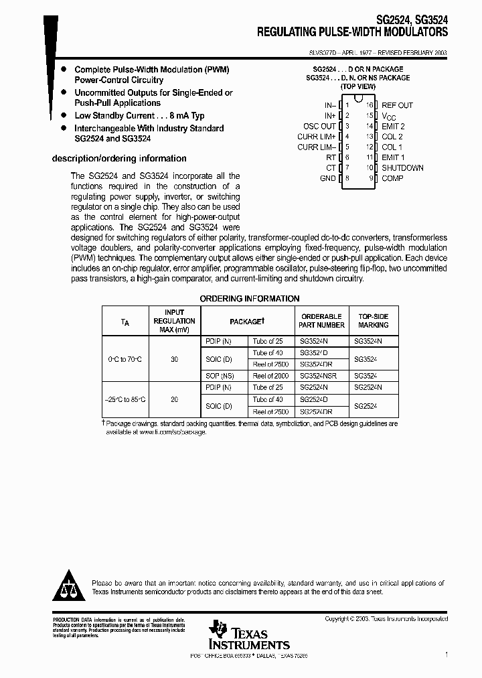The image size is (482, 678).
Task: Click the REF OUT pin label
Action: tap(397, 105)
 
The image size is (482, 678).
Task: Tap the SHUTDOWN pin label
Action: tap(402, 168)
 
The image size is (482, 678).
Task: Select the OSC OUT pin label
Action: tap(319, 126)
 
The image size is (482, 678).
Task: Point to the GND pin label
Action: tap(327, 179)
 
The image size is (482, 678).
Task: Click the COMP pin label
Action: tap(392, 179)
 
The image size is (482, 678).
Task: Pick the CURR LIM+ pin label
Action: tap(316, 137)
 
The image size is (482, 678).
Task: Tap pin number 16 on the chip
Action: tap(368, 105)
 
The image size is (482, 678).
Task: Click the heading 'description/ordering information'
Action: tap(119, 159)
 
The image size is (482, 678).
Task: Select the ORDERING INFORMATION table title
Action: tap(250, 299)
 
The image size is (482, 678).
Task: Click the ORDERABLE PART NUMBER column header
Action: tap(321, 321)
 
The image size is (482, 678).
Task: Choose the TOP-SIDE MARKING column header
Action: tap(373, 321)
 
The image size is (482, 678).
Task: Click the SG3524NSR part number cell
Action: tap(318, 377)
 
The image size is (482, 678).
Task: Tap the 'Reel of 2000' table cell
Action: tap(270, 377)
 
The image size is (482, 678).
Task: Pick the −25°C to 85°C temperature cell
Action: tap(125, 400)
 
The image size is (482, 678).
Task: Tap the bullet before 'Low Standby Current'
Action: tap(63, 116)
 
